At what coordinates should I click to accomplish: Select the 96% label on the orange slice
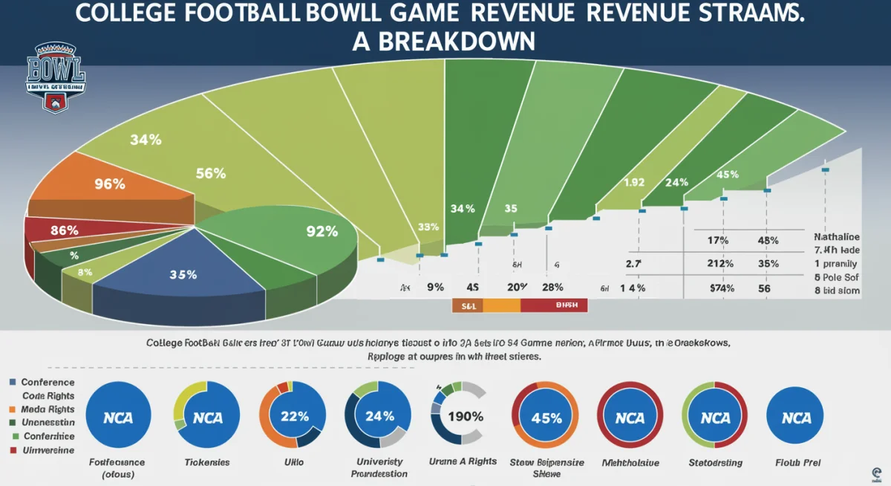pos(109,184)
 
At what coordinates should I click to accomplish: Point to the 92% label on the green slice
pos(322,231)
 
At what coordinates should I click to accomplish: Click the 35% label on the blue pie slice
pos(183,274)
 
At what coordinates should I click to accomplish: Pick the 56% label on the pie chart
pos(210,174)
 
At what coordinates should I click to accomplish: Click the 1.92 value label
pos(633,181)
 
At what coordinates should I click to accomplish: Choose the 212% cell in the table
pos(719,264)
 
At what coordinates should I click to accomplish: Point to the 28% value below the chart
pos(552,288)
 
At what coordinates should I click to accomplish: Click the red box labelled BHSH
pos(554,305)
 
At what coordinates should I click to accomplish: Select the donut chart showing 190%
pos(458,416)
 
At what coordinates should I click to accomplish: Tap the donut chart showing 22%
pos(293,416)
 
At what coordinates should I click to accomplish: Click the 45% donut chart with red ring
pos(546,418)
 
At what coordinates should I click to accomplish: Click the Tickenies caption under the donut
pos(206,462)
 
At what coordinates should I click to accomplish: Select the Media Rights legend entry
pos(48,409)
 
